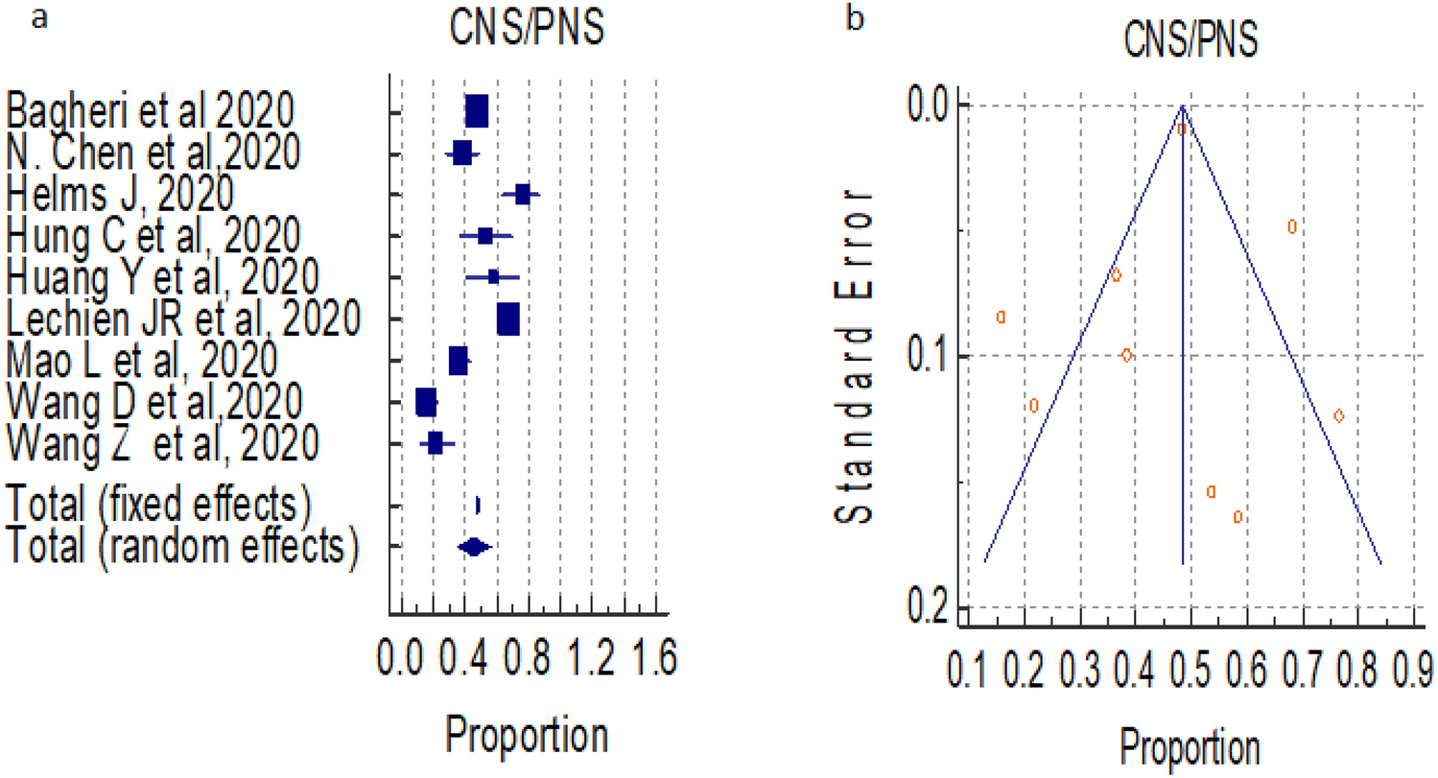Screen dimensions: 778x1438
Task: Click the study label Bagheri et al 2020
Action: (149, 112)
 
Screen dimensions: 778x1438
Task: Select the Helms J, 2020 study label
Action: (120, 193)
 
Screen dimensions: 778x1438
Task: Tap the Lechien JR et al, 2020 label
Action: (183, 318)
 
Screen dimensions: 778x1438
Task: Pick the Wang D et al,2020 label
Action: (154, 401)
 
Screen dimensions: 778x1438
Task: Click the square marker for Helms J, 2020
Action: (522, 195)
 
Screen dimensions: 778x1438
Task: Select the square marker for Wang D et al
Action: (426, 403)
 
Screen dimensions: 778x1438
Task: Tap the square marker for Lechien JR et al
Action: (507, 319)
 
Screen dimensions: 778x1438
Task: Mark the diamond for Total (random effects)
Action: (473, 547)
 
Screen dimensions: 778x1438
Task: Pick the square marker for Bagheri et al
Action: (476, 112)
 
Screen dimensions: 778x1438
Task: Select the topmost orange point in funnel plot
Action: (1183, 129)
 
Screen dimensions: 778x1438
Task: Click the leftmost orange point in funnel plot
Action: (1001, 316)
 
